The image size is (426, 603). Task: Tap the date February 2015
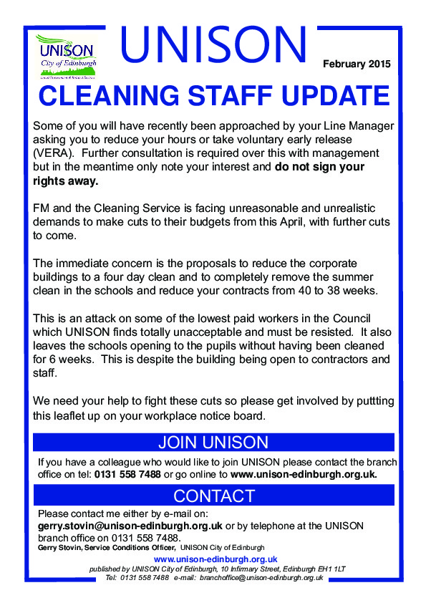click(x=357, y=64)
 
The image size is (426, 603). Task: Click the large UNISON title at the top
click(x=213, y=44)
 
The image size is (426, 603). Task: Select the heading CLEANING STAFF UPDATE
click(x=213, y=95)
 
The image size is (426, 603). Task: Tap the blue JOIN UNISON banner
click(x=213, y=442)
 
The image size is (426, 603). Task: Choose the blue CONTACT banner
click(x=213, y=496)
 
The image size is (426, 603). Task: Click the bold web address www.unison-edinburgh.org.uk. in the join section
click(x=304, y=474)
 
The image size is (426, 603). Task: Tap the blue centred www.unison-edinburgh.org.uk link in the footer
click(x=216, y=559)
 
